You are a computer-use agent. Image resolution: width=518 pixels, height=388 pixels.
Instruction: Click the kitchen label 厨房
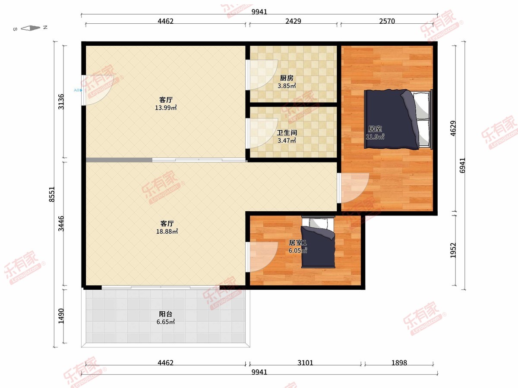point(287,78)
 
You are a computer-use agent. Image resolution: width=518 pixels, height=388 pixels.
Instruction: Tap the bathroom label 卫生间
point(287,133)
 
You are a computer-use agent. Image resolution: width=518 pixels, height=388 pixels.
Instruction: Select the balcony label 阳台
point(165,314)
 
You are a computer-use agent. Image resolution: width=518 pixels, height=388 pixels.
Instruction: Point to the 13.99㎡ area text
point(166,108)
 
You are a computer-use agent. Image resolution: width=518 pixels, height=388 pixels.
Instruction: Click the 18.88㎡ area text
point(167,232)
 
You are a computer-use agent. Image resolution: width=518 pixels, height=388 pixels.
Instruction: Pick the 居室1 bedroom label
point(298,243)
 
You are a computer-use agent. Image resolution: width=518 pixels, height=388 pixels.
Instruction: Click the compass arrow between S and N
point(31,28)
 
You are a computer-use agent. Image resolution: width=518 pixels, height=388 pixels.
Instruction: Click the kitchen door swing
point(262,75)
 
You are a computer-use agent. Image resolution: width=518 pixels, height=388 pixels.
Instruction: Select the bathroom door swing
point(262,133)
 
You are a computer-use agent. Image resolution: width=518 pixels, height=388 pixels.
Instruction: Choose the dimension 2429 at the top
point(293,21)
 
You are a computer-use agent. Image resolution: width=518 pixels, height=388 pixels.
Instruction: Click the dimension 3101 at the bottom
point(305,363)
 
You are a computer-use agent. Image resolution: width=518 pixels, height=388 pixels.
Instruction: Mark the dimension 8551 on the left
point(52,194)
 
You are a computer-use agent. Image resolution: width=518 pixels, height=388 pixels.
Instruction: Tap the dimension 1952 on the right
point(453,250)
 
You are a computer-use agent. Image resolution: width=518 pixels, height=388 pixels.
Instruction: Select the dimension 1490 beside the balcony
point(61,316)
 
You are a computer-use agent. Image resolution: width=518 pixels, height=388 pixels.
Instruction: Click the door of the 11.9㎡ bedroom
point(353,188)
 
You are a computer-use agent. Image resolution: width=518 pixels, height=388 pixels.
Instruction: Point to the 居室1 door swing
point(262,257)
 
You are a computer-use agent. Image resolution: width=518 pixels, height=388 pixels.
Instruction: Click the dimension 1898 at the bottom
point(399,363)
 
